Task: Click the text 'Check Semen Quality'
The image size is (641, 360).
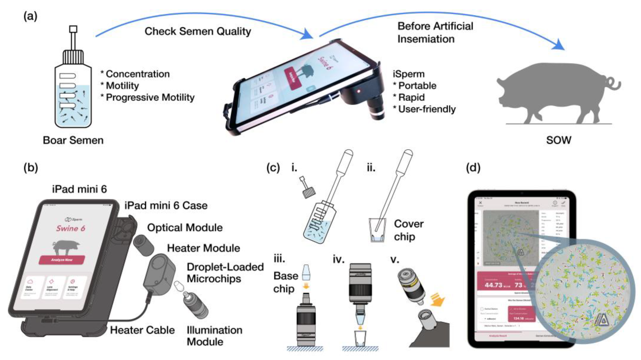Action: point(197,31)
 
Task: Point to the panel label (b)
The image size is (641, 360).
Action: point(31,167)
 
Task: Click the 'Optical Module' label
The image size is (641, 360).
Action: point(185,228)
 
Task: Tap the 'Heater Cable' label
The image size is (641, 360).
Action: point(142,330)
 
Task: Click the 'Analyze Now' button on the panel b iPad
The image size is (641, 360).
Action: point(62,260)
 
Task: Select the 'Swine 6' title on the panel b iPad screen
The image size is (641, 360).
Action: point(70,229)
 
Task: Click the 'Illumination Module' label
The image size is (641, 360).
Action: point(214,336)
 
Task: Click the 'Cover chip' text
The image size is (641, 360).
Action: point(408,230)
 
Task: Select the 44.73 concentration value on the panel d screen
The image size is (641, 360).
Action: point(493,285)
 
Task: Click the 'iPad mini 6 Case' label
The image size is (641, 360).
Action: point(166,206)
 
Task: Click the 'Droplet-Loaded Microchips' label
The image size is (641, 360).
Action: point(225,273)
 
